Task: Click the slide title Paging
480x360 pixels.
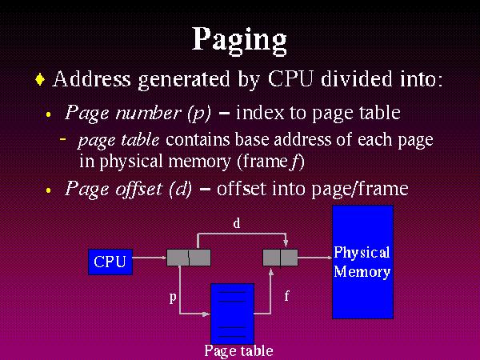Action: pos(239,38)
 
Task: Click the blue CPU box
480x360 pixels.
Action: pos(110,262)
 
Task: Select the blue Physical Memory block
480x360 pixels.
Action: pos(362,262)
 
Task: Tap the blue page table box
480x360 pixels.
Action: pos(232,313)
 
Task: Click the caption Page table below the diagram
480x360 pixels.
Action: pos(238,350)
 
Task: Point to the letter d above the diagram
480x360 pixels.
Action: pos(237,224)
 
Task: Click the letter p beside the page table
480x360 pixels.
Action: pos(172,298)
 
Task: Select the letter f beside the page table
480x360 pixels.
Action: pos(286,296)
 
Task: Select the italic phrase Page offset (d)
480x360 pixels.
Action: pos(128,189)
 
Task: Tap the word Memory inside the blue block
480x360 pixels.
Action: pos(362,271)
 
